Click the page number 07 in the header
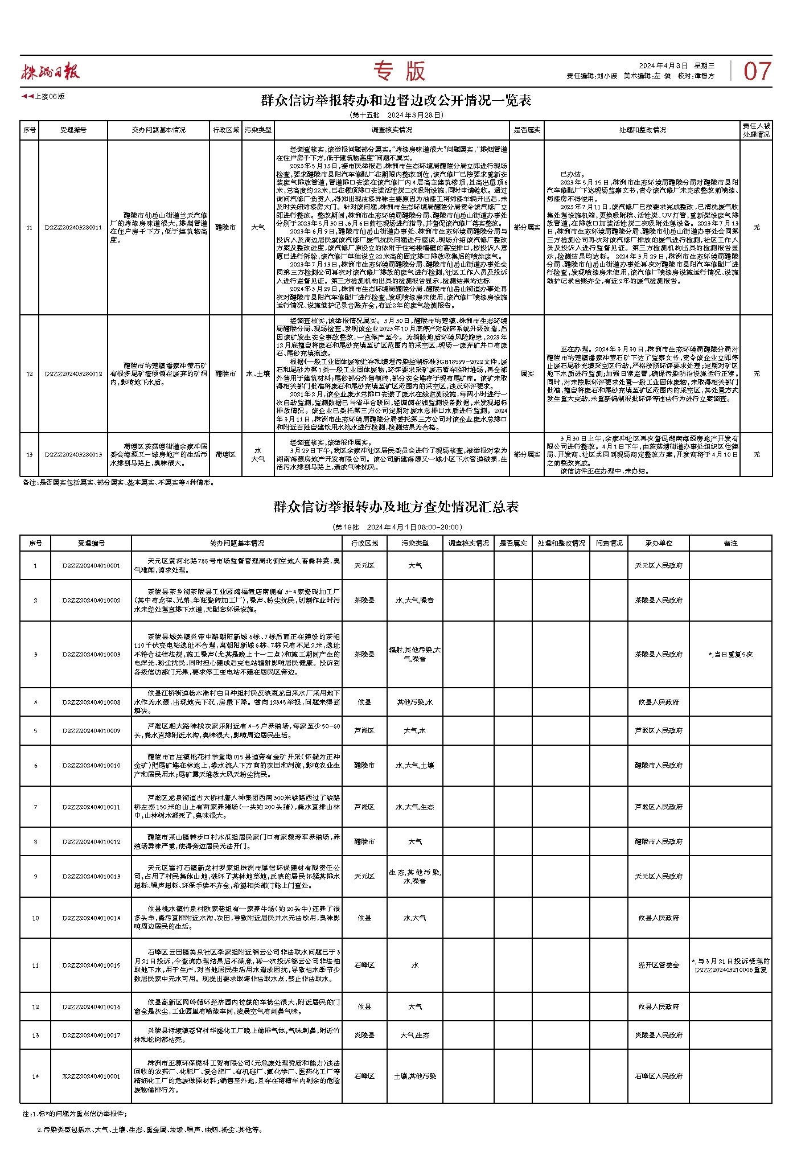click(x=757, y=71)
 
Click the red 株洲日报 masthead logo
click(x=51, y=71)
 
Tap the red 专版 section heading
click(x=399, y=71)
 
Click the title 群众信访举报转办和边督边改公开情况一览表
click(x=396, y=101)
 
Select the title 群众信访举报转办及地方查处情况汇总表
click(x=396, y=507)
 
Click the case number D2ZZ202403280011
click(x=73, y=228)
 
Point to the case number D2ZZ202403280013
click(x=73, y=455)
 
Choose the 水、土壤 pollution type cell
click(x=258, y=374)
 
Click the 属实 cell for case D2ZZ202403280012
click(x=527, y=374)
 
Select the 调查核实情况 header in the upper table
click(x=392, y=130)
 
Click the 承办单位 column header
click(x=659, y=543)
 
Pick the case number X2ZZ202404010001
click(x=92, y=1077)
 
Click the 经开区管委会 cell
click(x=659, y=965)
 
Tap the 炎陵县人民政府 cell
click(x=659, y=1035)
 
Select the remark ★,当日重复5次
click(x=730, y=655)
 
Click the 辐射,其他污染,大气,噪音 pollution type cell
click(x=415, y=655)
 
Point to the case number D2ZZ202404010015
click(x=92, y=965)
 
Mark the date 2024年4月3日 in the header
click(x=663, y=66)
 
